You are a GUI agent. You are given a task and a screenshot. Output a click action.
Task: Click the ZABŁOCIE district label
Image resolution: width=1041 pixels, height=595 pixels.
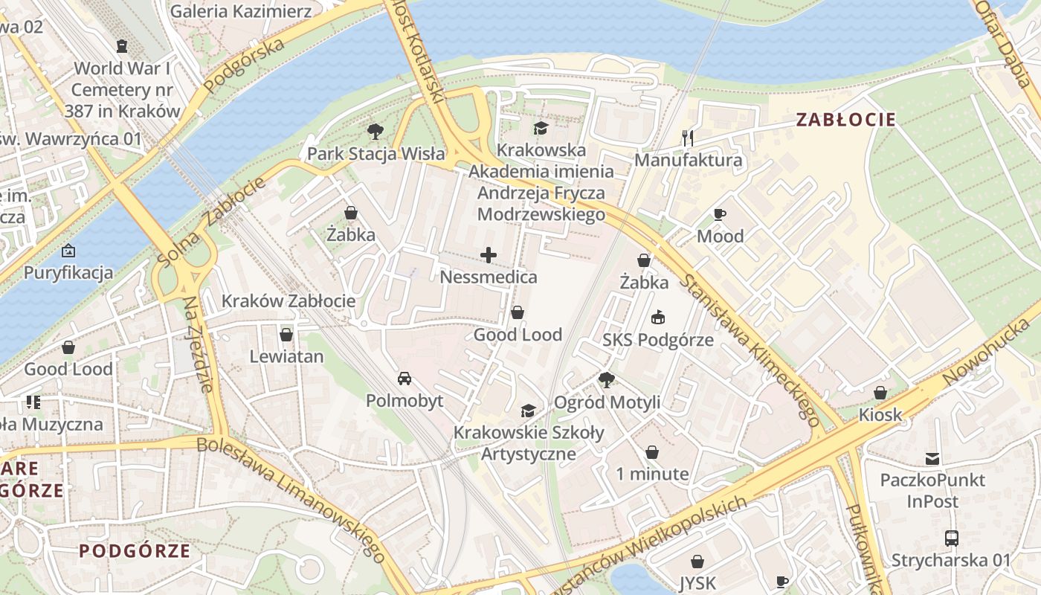coord(845,119)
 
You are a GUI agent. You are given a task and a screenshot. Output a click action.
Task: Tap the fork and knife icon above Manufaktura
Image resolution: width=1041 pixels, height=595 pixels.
coord(688,138)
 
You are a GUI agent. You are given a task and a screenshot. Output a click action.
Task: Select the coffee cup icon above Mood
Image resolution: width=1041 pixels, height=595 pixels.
coord(719,215)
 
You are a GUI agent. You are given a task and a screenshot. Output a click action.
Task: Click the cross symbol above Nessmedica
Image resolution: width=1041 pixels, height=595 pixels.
coord(489,256)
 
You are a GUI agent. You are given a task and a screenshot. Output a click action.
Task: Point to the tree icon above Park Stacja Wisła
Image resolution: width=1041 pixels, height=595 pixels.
coord(376,132)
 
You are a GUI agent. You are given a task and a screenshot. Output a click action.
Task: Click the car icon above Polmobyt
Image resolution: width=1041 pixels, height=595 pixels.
coord(405,379)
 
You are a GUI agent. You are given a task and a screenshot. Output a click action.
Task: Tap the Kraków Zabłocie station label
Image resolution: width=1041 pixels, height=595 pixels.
coord(289,301)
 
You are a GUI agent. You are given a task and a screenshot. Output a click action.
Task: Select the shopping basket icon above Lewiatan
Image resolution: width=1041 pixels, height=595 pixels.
coord(286,335)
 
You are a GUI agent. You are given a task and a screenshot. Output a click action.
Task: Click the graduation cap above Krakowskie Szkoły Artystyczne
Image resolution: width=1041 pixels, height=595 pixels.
coord(528,411)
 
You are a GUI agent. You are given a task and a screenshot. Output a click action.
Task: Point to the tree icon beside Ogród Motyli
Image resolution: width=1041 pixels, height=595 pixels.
coord(607,380)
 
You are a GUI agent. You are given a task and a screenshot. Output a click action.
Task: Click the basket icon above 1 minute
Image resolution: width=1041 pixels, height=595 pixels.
coord(652,452)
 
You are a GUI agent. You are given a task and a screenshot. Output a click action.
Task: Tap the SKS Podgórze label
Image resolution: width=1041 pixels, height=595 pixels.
coord(658,340)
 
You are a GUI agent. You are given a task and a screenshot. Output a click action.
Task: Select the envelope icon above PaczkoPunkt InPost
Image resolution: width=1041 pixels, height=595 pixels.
coord(932,458)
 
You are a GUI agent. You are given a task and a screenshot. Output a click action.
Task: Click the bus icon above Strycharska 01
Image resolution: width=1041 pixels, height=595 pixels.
coord(951,538)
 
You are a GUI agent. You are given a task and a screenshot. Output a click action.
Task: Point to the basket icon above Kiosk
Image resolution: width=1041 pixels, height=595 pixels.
coord(880,393)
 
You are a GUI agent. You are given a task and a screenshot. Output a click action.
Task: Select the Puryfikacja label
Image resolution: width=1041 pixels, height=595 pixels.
coord(68,272)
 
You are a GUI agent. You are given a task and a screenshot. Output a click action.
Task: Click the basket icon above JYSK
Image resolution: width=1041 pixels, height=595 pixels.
coord(697,562)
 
